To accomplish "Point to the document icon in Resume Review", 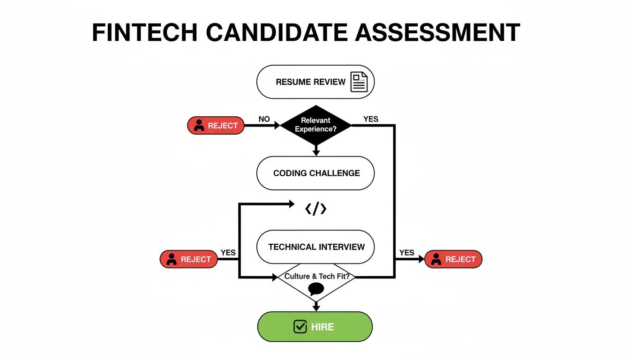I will click(360, 82).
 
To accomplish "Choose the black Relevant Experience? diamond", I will click(315, 125).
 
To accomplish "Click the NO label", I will click(264, 119).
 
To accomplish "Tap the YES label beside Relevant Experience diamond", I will click(370, 119).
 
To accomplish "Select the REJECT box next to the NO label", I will click(216, 126).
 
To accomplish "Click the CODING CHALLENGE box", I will click(315, 173).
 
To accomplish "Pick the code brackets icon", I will click(315, 209).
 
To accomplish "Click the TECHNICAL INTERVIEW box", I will click(315, 247).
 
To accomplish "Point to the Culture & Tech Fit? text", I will click(316, 277).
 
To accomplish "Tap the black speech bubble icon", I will click(316, 289).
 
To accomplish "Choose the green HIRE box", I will click(315, 327).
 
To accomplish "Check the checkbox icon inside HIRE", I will click(300, 327).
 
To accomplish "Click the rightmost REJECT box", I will click(453, 259).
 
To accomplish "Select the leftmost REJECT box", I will click(189, 259).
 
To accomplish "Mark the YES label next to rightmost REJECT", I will click(406, 253).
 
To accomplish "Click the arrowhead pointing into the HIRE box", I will click(316, 307).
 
